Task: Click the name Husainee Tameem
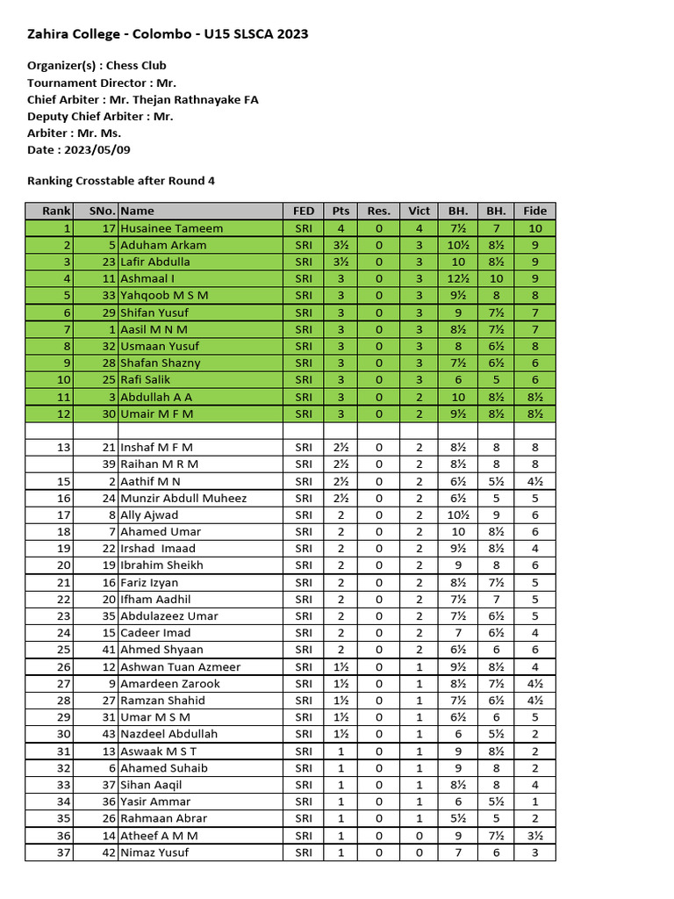pyautogui.click(x=171, y=228)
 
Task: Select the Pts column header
pyautogui.click(x=341, y=211)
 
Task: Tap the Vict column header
pyautogui.click(x=419, y=211)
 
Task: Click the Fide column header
pyautogui.click(x=534, y=211)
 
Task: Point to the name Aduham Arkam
pyautogui.click(x=163, y=245)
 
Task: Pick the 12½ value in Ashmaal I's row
pyautogui.click(x=458, y=278)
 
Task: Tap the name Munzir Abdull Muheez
pyautogui.click(x=183, y=498)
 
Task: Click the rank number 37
pyautogui.click(x=62, y=852)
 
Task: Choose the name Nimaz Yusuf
pyautogui.click(x=154, y=852)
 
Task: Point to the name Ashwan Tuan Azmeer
pyautogui.click(x=180, y=667)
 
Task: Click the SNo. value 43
pyautogui.click(x=108, y=734)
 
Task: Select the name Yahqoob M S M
pyautogui.click(x=164, y=295)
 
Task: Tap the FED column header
pyautogui.click(x=304, y=211)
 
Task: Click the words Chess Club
pyautogui.click(x=136, y=66)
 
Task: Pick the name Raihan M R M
pyautogui.click(x=159, y=464)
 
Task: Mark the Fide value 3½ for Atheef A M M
pyautogui.click(x=534, y=836)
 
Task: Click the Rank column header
pyautogui.click(x=56, y=211)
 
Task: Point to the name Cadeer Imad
pyautogui.click(x=155, y=633)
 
